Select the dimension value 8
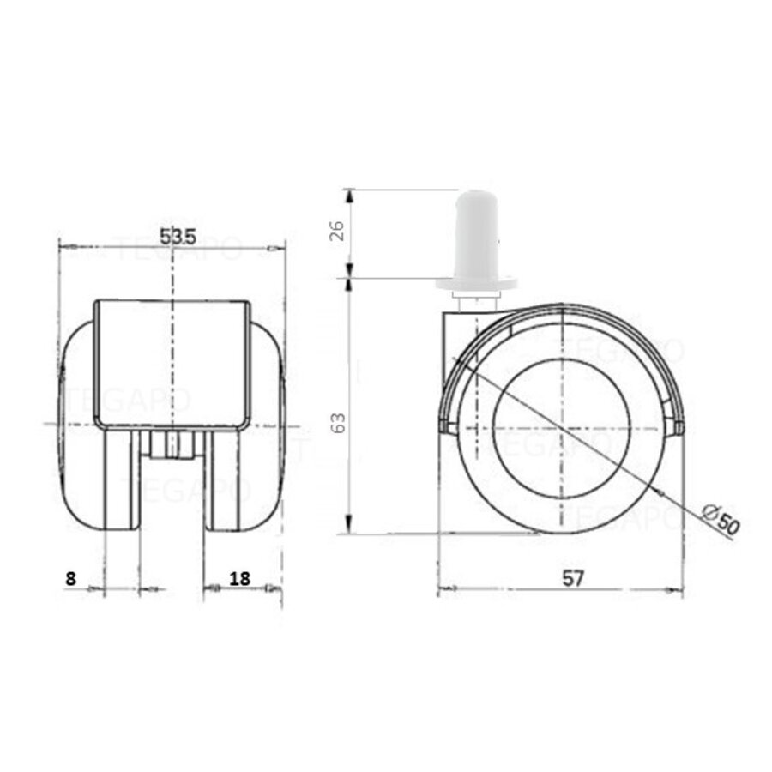71,579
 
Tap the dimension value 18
240,579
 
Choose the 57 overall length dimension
574,579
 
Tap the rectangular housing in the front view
172,365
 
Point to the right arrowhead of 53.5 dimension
276,249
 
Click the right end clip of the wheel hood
677,426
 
